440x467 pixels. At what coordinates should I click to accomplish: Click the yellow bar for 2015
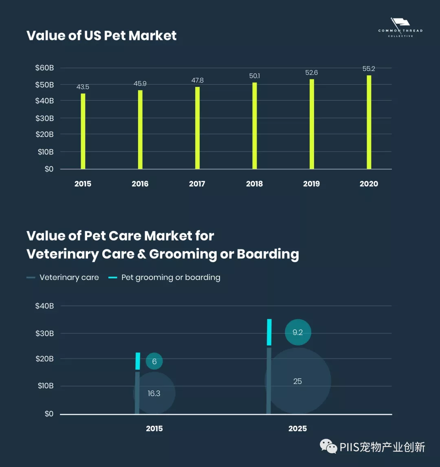83,131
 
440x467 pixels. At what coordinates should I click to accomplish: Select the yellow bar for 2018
255,126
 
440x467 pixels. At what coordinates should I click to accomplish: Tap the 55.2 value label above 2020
369,69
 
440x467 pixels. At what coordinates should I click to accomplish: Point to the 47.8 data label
198,80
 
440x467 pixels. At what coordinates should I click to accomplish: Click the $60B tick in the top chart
44,68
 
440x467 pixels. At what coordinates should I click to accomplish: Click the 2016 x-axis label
140,184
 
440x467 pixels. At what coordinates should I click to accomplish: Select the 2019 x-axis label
312,184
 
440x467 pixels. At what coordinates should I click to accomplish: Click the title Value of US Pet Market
101,35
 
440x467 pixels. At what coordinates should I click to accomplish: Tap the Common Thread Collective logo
400,28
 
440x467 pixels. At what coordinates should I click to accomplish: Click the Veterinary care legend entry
63,278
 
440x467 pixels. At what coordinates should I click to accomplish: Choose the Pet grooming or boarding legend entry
165,278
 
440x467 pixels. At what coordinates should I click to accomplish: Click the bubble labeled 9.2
298,333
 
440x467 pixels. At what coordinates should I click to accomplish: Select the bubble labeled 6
154,361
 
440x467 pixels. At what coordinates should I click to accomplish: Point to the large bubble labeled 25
298,381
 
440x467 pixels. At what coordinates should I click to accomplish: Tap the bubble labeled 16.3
154,393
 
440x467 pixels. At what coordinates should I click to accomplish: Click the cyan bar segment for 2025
269,332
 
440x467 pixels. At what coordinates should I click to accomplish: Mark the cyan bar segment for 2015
138,361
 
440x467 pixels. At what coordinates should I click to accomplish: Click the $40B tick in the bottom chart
45,306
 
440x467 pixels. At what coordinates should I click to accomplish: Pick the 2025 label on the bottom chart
298,429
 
